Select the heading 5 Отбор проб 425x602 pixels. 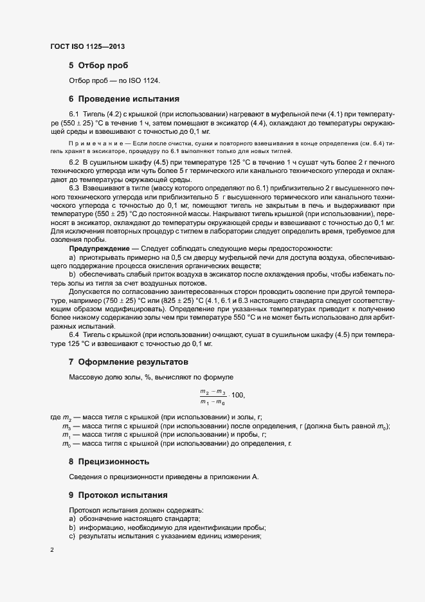(98, 66)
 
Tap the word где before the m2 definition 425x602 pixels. (55, 418)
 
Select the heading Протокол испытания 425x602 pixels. (123, 495)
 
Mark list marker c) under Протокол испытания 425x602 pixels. (71, 536)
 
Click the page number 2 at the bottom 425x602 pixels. (51, 550)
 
